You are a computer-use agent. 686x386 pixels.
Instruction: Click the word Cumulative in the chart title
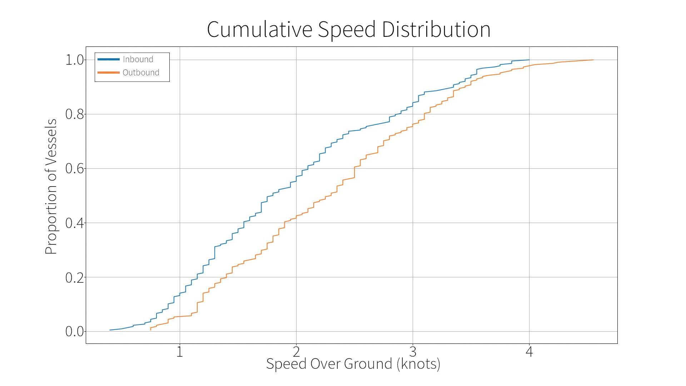tap(260, 29)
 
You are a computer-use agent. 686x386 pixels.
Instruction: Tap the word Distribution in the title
tap(436, 29)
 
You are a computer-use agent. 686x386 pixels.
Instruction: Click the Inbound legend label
tap(138, 59)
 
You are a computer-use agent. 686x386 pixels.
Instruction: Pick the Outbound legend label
tap(141, 73)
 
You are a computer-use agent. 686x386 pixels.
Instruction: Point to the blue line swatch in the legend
tap(109, 59)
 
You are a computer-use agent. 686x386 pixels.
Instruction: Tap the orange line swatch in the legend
tap(109, 73)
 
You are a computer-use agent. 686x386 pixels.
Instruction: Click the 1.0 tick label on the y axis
tap(75, 60)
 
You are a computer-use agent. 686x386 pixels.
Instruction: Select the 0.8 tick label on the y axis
tap(75, 114)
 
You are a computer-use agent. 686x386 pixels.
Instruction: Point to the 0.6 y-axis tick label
tap(75, 169)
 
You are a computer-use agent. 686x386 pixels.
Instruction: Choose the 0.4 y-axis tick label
tap(75, 223)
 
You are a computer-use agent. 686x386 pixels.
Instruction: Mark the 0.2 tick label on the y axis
tap(75, 277)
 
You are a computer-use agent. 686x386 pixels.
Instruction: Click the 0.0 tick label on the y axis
tap(75, 332)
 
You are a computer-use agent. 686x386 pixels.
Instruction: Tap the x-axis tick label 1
tap(180, 352)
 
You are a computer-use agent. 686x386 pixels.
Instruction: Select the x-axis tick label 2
tap(296, 352)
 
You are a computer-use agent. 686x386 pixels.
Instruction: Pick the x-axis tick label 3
tap(413, 352)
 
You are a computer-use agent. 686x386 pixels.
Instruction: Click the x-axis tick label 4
tap(529, 352)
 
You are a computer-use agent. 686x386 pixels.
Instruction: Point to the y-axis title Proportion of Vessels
tap(51, 187)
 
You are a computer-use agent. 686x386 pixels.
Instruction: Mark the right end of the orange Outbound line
tap(593, 60)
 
